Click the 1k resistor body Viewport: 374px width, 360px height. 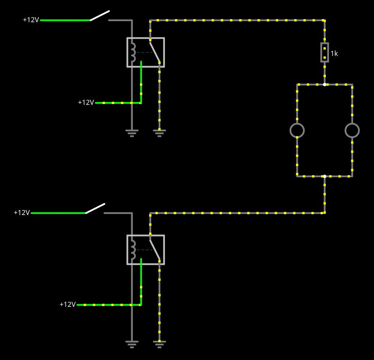point(325,52)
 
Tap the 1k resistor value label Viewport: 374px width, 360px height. point(334,54)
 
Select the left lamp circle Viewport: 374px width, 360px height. point(297,130)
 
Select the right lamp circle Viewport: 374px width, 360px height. point(352,130)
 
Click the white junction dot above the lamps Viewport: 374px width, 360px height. point(325,85)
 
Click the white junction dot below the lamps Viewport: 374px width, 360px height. point(325,176)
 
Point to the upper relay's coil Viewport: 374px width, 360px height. point(133,52)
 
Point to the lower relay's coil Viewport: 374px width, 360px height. point(133,250)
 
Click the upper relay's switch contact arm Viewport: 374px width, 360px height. point(155,53)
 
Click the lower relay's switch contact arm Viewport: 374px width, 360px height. point(155,250)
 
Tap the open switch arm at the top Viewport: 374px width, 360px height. point(100,16)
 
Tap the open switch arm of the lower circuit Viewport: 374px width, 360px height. point(95,208)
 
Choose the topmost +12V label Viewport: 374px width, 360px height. point(31,20)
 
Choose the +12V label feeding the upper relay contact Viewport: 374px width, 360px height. point(86,103)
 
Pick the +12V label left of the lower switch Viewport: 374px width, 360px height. point(22,213)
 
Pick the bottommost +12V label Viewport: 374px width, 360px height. point(68,305)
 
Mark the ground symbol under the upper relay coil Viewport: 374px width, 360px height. point(132,133)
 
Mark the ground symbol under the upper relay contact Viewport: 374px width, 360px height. point(159,133)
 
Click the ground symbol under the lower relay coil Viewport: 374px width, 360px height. point(132,344)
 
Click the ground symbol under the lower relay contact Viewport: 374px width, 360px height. point(159,344)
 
